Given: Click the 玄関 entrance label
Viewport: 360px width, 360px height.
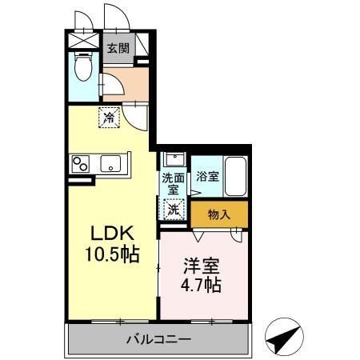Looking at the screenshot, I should [118, 47].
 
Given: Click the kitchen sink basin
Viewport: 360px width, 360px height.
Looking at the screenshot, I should [110, 165].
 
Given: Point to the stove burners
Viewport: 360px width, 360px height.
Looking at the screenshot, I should [81, 164].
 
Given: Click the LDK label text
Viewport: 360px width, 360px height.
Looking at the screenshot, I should [115, 235].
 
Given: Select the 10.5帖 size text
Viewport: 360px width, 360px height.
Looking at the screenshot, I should [115, 255].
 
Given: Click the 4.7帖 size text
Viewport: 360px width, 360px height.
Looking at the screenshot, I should [200, 286].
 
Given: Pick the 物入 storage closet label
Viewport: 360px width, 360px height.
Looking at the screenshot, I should [218, 214].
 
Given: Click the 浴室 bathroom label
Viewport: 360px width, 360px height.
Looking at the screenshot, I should [206, 176].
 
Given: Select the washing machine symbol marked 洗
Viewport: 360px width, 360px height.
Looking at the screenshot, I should [174, 210].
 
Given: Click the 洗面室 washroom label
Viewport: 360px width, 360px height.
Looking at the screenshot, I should [172, 184].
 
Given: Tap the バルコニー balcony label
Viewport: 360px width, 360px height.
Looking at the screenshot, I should [158, 339].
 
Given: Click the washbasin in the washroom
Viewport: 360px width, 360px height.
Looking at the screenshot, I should [174, 159].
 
